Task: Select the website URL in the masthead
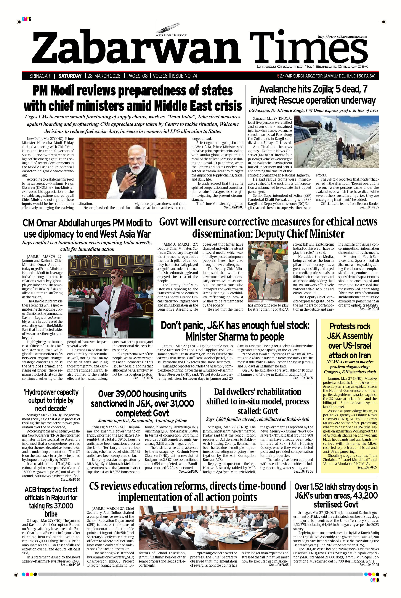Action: (x=342, y=37)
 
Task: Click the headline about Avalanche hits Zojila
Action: (x=313, y=95)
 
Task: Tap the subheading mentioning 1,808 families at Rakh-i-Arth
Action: (x=258, y=419)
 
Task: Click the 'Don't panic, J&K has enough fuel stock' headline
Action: (x=235, y=331)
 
